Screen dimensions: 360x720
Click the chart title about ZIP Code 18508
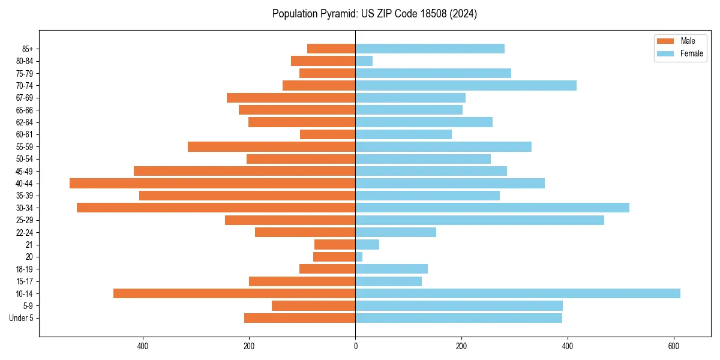[x=374, y=14]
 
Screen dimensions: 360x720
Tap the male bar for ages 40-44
[x=212, y=183]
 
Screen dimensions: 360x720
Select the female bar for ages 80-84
[x=364, y=61]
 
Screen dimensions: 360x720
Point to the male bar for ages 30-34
[x=216, y=208]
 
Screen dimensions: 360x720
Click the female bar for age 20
[x=359, y=257]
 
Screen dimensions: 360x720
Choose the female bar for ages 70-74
[x=466, y=85]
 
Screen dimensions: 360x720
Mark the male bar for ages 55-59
[x=271, y=146]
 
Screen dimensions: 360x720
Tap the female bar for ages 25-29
[x=479, y=220]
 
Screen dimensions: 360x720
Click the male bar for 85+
[x=331, y=49]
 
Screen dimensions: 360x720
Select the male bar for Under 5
[x=299, y=318]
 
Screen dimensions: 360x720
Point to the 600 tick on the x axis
[x=674, y=346]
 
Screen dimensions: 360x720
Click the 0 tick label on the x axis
[x=355, y=346]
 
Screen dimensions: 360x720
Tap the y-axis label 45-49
[x=25, y=171]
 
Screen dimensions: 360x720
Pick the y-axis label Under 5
[x=22, y=318]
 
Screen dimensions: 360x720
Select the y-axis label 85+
[x=28, y=49]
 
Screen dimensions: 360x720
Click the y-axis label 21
[x=29, y=245]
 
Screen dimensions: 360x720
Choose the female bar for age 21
[x=367, y=245]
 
